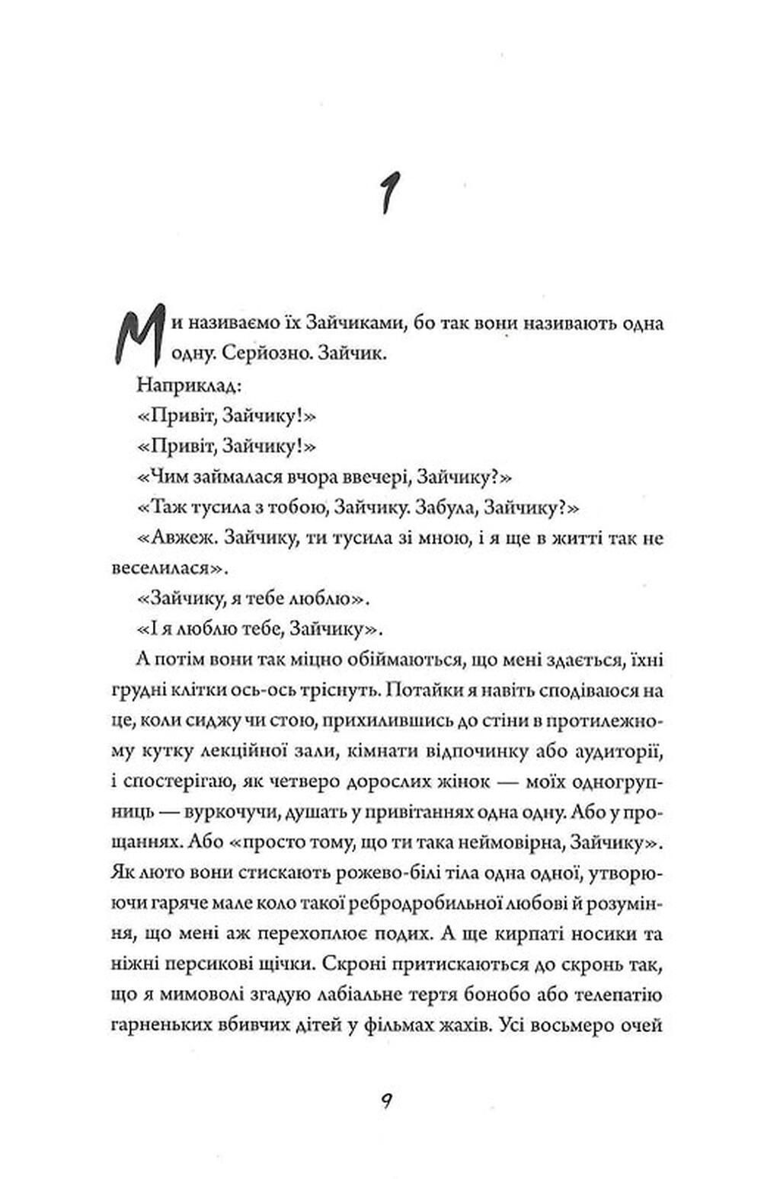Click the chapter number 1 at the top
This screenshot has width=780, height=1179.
pyautogui.click(x=390, y=187)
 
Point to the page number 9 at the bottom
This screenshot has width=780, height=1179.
pyautogui.click(x=388, y=1101)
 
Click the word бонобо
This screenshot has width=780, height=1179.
pyautogui.click(x=524, y=995)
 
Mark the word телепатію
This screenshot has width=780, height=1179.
pyautogui.click(x=623, y=995)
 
